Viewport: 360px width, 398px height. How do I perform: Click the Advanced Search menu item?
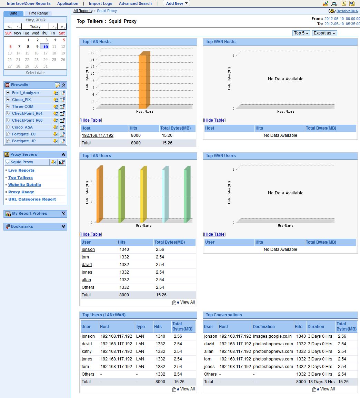tap(135, 3)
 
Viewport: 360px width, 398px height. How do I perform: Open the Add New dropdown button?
tap(176, 3)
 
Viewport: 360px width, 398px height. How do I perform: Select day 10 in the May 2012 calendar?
tap(45, 47)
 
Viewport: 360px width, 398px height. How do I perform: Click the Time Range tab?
tap(38, 13)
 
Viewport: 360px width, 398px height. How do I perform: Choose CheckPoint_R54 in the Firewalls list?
tap(27, 113)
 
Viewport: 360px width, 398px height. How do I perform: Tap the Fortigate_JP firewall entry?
tap(24, 141)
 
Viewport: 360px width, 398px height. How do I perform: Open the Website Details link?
tap(24, 185)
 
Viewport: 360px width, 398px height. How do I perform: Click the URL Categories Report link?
tap(32, 199)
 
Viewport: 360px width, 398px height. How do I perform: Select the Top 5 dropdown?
tap(301, 33)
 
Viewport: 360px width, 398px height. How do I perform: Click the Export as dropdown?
tap(324, 33)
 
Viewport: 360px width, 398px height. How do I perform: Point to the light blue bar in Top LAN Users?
tap(165, 195)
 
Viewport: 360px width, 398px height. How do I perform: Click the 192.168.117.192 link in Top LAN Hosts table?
tap(98, 135)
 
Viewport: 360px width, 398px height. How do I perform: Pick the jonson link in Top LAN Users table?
tap(88, 249)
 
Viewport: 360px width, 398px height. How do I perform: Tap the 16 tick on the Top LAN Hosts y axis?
tap(92, 53)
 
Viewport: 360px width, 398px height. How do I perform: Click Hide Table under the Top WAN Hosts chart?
tap(214, 120)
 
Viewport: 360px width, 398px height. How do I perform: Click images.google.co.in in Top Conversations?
tap(272, 336)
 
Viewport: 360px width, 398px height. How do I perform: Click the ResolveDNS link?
tap(347, 11)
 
